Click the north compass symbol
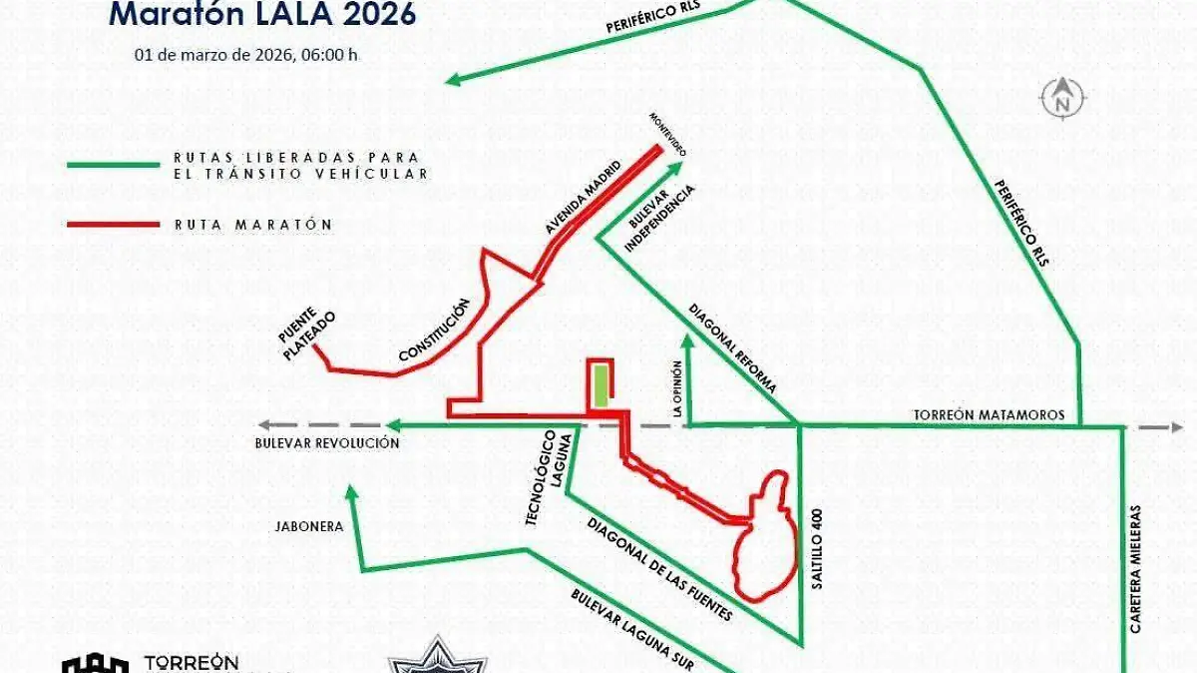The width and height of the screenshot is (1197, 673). click(1063, 98)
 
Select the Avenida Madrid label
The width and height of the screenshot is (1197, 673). click(582, 198)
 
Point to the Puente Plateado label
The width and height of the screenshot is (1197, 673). click(306, 336)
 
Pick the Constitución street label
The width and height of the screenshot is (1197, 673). click(433, 331)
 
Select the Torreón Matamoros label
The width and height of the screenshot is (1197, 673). click(990, 414)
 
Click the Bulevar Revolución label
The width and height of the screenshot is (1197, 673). click(326, 443)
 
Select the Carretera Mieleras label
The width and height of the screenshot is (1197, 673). click(1134, 567)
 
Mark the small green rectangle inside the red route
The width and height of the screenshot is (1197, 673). click(599, 386)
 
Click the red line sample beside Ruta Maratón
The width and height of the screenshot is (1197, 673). click(112, 225)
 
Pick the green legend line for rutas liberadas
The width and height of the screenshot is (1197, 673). click(112, 165)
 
